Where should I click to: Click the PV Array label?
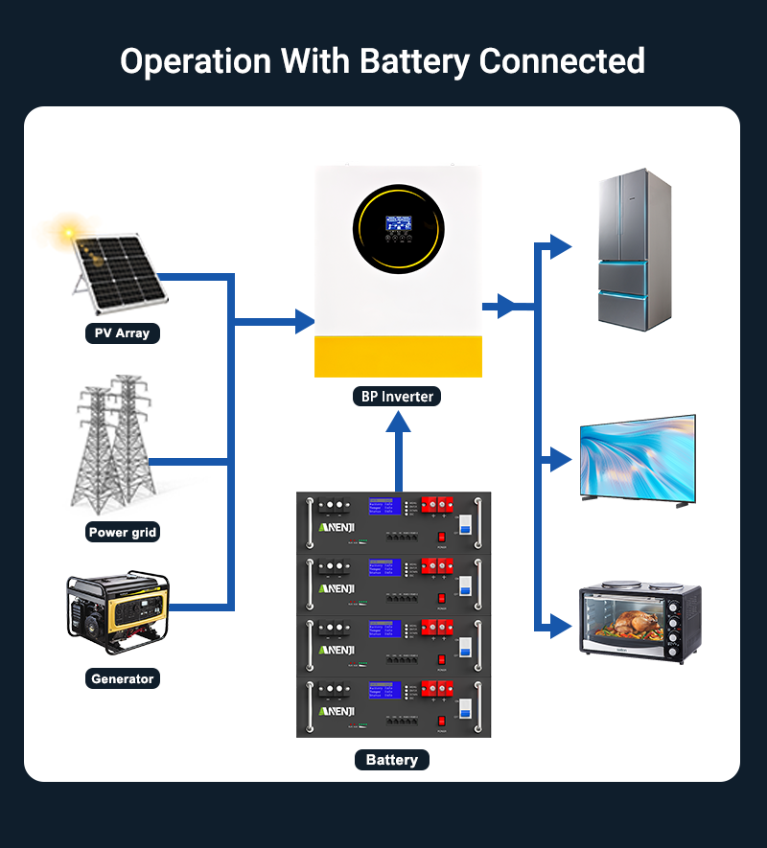(122, 333)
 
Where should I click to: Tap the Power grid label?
(122, 532)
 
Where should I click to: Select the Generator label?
(122, 678)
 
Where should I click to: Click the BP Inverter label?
(398, 396)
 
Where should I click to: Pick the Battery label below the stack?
(391, 760)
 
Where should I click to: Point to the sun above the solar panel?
(67, 233)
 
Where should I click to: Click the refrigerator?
(634, 250)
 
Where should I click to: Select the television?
(637, 459)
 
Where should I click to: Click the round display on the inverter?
(399, 230)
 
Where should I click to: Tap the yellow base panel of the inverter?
(398, 357)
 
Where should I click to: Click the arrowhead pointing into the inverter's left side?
(305, 319)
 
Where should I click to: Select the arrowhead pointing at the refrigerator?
(561, 246)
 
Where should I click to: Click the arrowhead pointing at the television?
(561, 460)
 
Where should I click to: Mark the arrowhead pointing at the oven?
(561, 629)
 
